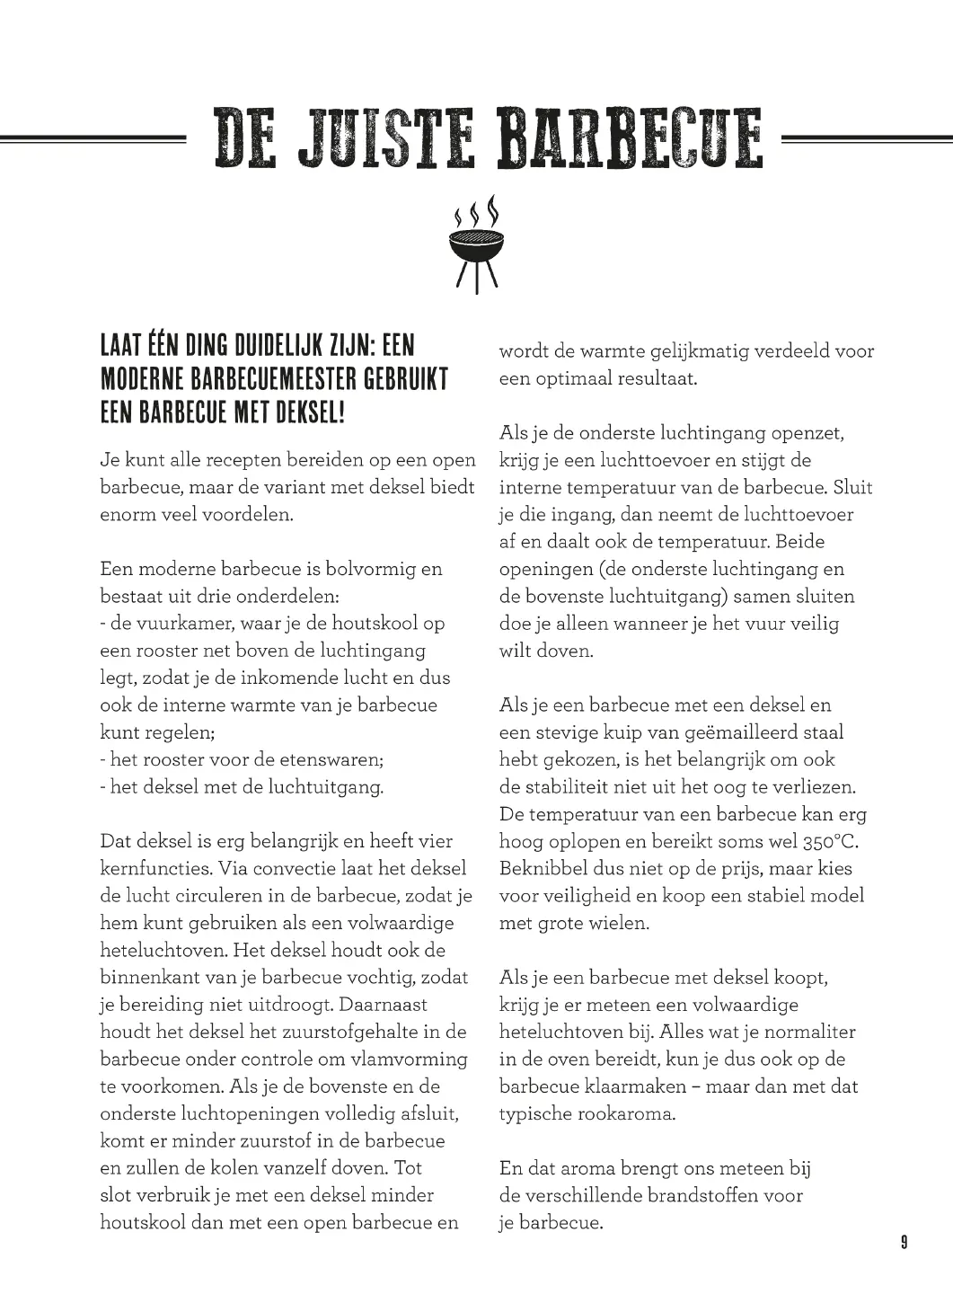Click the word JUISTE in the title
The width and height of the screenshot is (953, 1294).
[x=387, y=139]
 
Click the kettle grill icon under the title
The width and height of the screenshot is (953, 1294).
[x=476, y=244]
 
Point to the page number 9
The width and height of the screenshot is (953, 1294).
[x=904, y=1243]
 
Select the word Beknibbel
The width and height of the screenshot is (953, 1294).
[x=543, y=868]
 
